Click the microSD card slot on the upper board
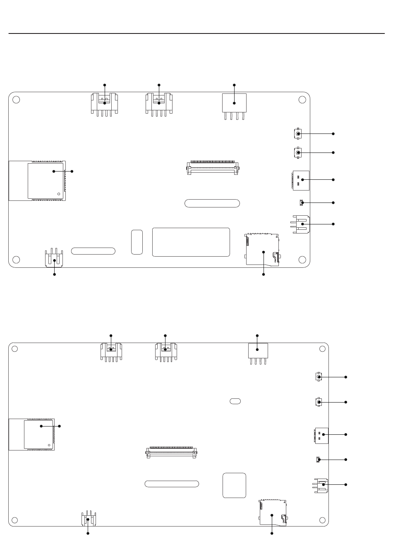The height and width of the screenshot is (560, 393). [262, 250]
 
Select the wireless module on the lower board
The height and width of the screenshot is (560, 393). [38, 434]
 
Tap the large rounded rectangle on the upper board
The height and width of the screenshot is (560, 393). [191, 242]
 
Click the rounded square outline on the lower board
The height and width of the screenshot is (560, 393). [234, 485]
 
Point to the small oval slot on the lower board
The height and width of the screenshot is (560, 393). [235, 401]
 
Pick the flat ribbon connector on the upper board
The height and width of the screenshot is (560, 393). [213, 168]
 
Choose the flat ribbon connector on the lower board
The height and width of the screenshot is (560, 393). [171, 452]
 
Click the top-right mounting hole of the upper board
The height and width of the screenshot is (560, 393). [302, 100]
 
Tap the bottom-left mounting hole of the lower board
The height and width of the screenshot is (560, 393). [15, 520]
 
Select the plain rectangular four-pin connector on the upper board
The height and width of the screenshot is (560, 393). [234, 103]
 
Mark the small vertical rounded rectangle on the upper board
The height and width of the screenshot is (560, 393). [137, 242]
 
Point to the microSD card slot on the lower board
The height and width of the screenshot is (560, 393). [273, 513]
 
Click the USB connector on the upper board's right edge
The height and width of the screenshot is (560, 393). [301, 180]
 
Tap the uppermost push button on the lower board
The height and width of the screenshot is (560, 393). [319, 377]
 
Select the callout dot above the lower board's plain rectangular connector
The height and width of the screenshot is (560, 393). [257, 336]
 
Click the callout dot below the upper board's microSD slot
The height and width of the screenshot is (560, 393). [264, 274]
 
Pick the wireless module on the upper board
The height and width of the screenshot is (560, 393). [46, 181]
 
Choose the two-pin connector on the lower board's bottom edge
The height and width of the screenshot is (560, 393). [89, 519]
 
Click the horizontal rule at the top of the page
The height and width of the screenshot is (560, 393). [196, 33]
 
